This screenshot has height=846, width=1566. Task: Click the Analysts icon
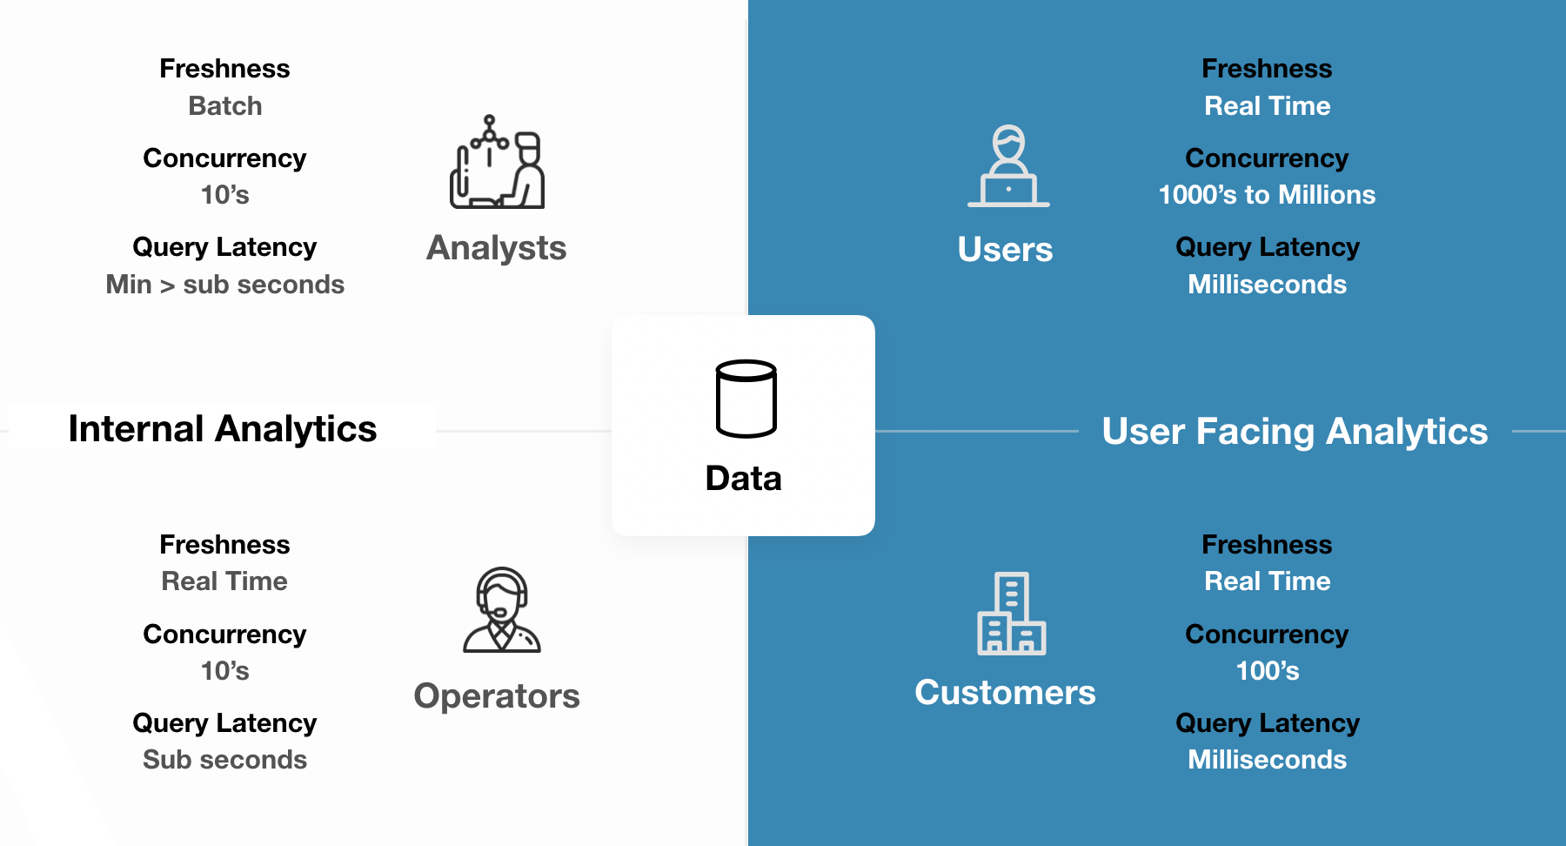[497, 163]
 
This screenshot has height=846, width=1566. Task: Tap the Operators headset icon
[502, 610]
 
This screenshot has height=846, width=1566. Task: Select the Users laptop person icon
[1008, 166]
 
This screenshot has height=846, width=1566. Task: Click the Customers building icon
[1011, 614]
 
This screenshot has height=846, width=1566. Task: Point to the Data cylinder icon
[746, 399]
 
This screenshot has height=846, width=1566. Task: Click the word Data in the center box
[743, 479]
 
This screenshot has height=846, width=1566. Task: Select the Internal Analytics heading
[223, 429]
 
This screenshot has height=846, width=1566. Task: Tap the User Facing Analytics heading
[1295, 432]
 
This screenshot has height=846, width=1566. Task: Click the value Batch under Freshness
[225, 106]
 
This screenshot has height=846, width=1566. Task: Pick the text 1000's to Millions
[1267, 195]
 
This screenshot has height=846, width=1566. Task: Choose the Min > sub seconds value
[225, 285]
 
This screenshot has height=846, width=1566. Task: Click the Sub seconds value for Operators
[225, 760]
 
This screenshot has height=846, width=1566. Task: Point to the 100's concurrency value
[1267, 671]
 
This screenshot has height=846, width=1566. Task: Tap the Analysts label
[496, 248]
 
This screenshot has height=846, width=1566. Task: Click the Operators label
[497, 696]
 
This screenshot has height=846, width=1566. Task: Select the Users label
[1005, 250]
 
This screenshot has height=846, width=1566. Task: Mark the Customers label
[1005, 693]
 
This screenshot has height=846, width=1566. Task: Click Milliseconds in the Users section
[1267, 285]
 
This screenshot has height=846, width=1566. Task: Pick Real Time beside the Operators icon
[224, 581]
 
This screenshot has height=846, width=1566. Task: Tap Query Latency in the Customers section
[1267, 723]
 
